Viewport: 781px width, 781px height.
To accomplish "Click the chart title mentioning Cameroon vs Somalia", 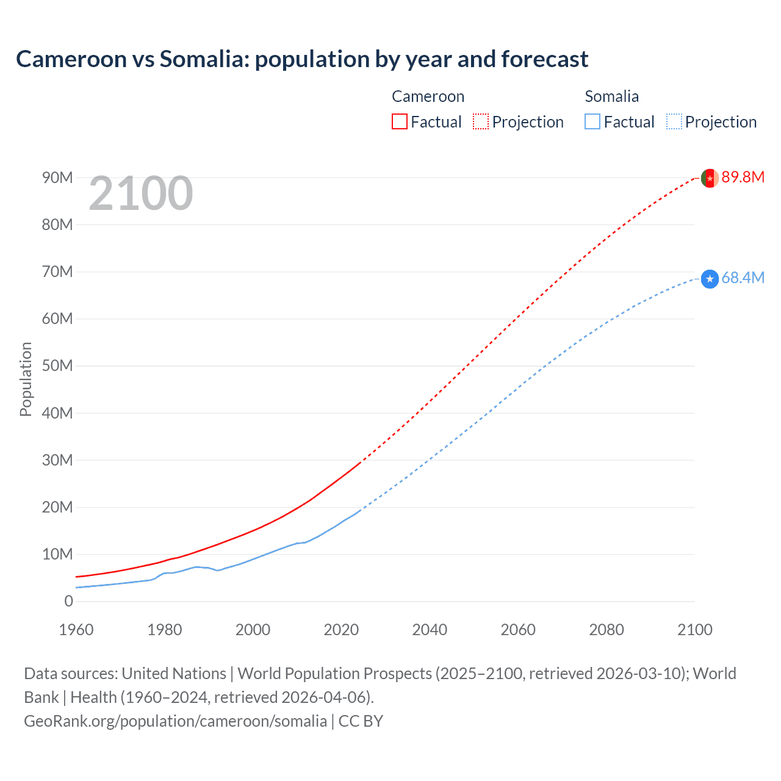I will coord(302,59).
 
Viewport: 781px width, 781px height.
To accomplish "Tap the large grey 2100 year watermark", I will coord(141,193).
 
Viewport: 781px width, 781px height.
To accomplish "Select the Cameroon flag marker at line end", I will coord(709,178).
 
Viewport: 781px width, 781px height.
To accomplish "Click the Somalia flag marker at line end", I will coord(709,279).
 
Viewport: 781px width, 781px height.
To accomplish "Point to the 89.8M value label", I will coord(743,177).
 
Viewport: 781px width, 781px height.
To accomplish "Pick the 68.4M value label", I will coord(743,278).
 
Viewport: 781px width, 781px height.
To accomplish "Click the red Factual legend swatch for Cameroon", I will coord(400,121).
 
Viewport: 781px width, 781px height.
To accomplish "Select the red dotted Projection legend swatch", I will coord(481,121).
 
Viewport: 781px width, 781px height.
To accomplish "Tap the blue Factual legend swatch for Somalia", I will coord(592,121).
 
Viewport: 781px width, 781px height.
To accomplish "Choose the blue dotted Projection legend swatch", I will coord(674,121).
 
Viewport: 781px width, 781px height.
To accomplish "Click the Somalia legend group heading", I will coord(611,96).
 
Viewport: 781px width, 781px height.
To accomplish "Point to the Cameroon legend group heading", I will coord(428,96).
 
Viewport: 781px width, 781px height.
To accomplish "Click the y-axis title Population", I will coord(26,379).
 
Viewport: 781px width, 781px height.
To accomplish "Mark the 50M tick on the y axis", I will coord(57,365).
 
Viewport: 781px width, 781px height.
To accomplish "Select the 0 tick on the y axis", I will coord(68,601).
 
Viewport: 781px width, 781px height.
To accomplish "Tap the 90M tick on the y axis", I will coord(57,178).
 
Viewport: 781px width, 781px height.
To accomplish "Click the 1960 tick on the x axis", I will coord(76,630).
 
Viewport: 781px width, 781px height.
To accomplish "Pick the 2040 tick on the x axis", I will coord(430,630).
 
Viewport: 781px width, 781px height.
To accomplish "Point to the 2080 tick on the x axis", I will coord(606,630).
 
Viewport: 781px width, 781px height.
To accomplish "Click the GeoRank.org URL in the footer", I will coord(175,721).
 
